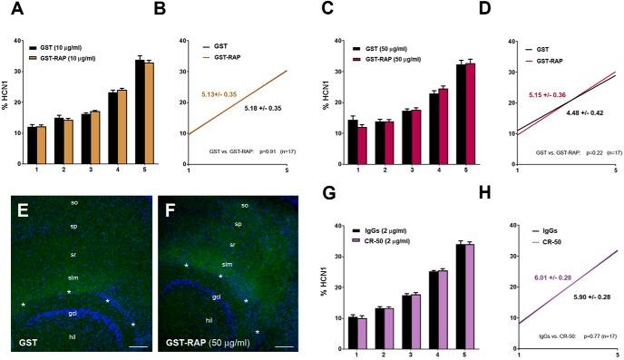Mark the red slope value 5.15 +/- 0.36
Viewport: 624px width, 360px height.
(x=542, y=93)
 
